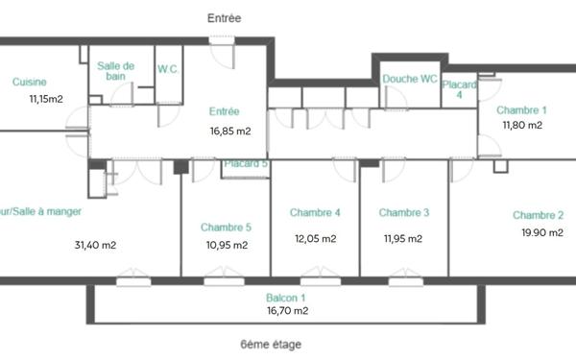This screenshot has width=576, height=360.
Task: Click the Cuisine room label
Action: [x=30, y=83]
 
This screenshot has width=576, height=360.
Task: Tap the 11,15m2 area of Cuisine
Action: [x=45, y=98]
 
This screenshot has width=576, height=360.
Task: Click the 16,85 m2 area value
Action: [x=230, y=132]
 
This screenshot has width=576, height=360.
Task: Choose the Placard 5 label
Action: [x=246, y=164]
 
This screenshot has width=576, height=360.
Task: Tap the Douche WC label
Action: [x=410, y=79]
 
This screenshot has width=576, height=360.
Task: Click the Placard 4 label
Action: [x=459, y=90]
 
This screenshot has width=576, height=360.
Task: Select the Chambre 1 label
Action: [x=522, y=109]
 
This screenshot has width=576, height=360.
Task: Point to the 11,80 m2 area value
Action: [x=522, y=125]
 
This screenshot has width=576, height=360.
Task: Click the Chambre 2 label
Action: [x=538, y=215]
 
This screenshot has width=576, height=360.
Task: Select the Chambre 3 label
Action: [x=404, y=212]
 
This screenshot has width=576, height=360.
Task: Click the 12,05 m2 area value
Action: [x=316, y=238]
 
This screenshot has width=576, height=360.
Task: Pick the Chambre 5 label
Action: [x=227, y=228]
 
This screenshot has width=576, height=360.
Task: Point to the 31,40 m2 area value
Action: [x=95, y=245]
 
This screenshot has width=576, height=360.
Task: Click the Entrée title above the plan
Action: [x=225, y=18]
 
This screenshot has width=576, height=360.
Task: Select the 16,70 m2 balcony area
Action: [x=288, y=311]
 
